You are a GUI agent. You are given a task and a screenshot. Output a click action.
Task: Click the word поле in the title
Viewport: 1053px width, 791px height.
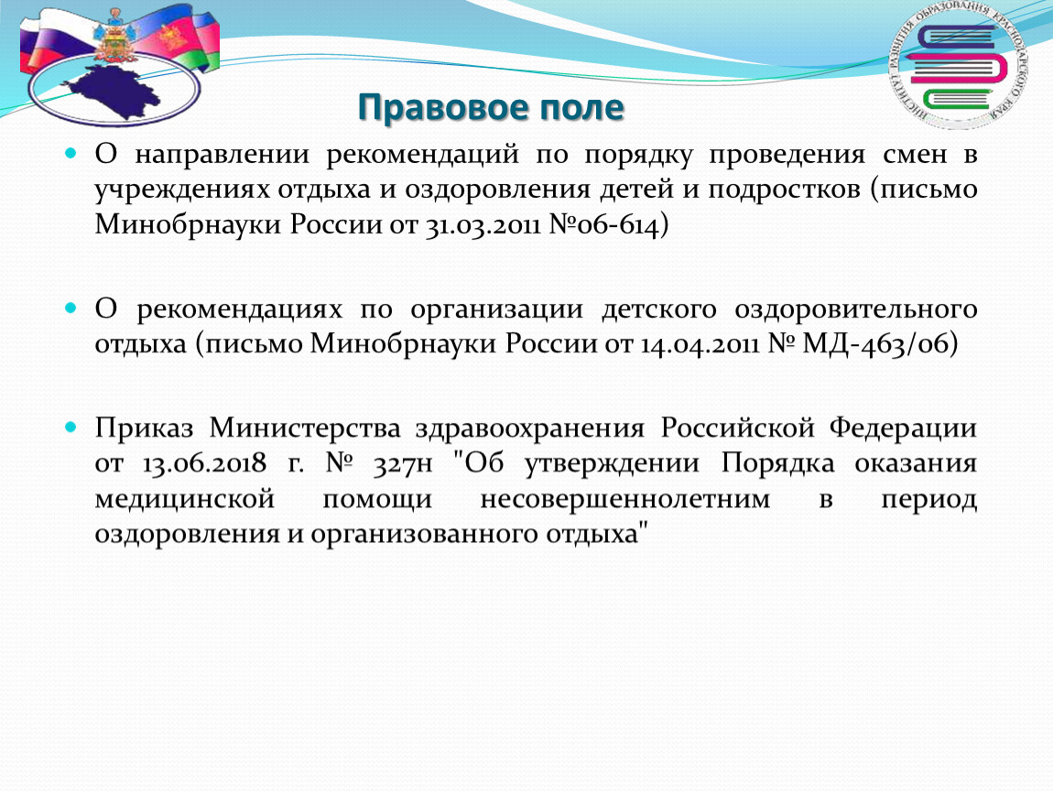[x=579, y=107]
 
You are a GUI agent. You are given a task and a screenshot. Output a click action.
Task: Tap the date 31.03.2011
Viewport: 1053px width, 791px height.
[x=483, y=224]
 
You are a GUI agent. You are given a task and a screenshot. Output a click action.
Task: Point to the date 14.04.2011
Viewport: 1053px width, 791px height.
[x=700, y=344]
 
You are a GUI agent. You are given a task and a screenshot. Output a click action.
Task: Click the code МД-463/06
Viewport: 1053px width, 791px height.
[x=875, y=344]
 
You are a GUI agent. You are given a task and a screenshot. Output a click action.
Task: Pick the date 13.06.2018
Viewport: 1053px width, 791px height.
[x=204, y=463]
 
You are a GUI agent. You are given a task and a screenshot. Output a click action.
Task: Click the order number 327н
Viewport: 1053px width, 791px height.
[x=403, y=463]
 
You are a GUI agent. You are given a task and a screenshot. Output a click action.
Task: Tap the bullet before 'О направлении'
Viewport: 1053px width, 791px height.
[x=71, y=153]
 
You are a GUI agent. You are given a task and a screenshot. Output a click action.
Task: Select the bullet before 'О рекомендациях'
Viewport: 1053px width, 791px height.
[x=71, y=309]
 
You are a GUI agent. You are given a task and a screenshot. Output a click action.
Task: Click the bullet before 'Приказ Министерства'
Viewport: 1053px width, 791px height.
[x=71, y=427]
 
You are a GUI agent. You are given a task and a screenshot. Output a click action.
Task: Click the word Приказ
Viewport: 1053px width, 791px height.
[x=144, y=428]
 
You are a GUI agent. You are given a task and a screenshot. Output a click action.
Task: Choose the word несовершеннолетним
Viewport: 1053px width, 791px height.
[x=625, y=499]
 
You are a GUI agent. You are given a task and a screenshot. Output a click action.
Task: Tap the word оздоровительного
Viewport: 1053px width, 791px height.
[x=855, y=310]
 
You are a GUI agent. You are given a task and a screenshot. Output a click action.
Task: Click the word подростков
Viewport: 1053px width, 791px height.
[x=784, y=190]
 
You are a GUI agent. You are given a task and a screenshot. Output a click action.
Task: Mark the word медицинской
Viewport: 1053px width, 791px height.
[x=185, y=499]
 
